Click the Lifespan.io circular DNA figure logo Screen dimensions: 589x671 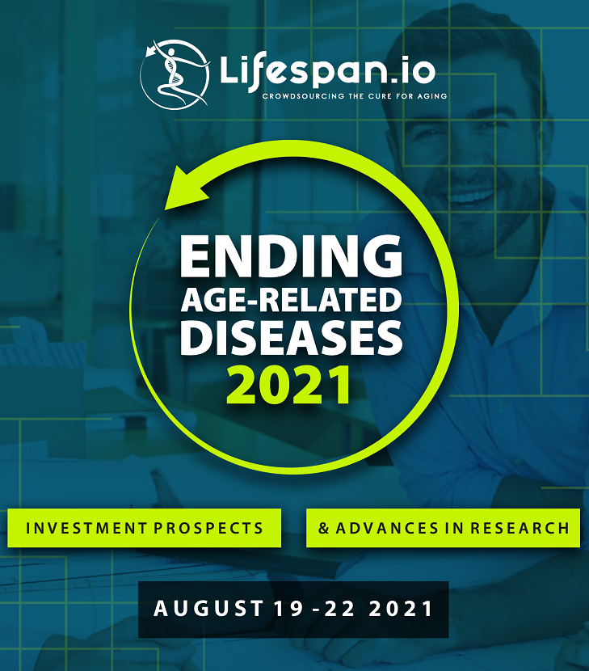coord(175,74)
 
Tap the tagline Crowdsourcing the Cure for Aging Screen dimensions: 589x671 coord(355,96)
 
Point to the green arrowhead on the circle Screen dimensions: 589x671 coord(187,188)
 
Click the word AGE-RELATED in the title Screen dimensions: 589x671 coord(292,300)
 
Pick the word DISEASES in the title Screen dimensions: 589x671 coord(292,338)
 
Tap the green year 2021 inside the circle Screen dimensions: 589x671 coord(288,385)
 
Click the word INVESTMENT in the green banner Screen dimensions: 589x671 coord(86,528)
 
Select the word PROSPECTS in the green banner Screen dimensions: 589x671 coord(208,528)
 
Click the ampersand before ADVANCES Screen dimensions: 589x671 coord(324,528)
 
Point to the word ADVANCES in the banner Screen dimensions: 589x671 coord(387,528)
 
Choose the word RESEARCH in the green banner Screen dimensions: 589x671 coord(520,528)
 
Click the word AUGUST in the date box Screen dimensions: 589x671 coord(208,609)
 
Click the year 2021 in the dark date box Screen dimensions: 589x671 coord(401,609)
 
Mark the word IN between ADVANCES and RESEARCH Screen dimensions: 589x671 coord(454,528)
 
